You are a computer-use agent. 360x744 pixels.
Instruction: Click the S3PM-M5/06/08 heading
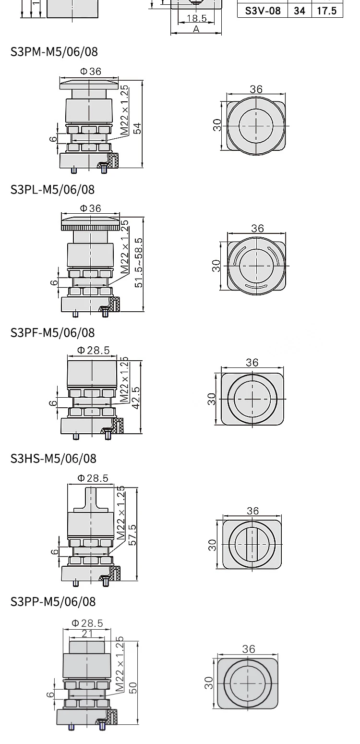tap(54, 52)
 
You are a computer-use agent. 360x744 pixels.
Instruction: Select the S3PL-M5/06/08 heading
tap(52, 190)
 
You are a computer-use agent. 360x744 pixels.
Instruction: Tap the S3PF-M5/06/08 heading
tap(52, 333)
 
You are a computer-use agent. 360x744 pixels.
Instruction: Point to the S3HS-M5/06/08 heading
tap(53, 459)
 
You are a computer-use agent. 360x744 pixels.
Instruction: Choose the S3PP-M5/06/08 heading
tap(53, 602)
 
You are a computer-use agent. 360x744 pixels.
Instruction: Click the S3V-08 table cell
tap(263, 11)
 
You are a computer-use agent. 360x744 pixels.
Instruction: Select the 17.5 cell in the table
tap(327, 11)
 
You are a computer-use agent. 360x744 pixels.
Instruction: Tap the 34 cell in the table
tap(300, 11)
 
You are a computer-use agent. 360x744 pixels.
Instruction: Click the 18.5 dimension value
tap(197, 18)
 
